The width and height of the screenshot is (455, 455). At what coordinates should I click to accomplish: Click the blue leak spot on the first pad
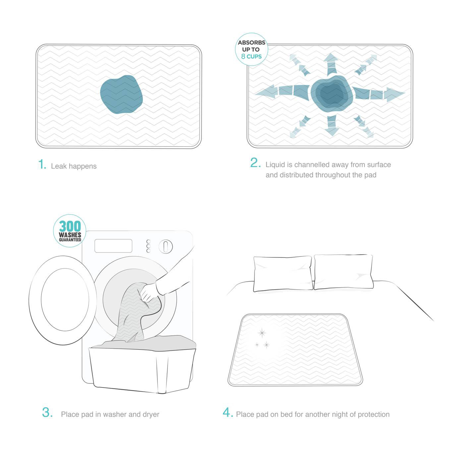tap(122, 94)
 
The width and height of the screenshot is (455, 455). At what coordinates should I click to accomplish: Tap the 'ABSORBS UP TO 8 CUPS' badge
tap(251, 49)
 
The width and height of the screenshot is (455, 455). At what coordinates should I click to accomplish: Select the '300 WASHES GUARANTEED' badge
tap(70, 231)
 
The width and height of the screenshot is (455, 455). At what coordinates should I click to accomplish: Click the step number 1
tap(42, 164)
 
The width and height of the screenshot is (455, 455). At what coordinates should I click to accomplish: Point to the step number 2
tap(255, 163)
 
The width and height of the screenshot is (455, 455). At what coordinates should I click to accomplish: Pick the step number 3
tap(47, 413)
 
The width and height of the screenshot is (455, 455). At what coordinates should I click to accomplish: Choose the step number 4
tap(228, 413)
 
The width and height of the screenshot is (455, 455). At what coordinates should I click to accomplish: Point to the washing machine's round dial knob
tap(165, 246)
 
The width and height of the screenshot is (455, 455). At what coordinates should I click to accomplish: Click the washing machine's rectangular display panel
tap(113, 246)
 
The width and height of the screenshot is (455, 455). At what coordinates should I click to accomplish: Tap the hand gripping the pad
tap(149, 292)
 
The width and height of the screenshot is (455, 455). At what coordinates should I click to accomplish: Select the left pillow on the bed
tap(282, 273)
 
